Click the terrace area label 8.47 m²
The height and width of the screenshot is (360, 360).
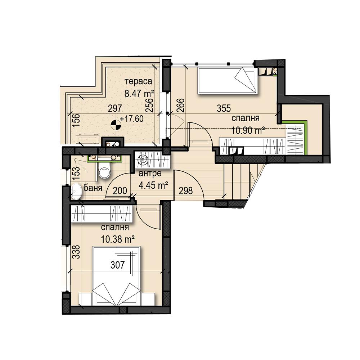139,94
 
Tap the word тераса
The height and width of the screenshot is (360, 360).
139,81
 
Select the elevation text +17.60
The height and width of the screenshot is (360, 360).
132,119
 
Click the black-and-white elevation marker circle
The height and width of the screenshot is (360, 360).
116,125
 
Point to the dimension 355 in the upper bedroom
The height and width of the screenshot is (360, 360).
224,108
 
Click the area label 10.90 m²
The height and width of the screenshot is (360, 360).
248,131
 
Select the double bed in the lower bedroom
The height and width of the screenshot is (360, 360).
117,276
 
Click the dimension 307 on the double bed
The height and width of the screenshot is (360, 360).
118,265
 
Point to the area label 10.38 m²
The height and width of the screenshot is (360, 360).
118,239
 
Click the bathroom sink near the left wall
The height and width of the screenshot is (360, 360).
76,191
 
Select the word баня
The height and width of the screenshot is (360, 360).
93,188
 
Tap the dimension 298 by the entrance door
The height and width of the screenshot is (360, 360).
186,190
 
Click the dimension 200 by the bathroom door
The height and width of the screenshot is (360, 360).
120,190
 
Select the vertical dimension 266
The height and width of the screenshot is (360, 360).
181,105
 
